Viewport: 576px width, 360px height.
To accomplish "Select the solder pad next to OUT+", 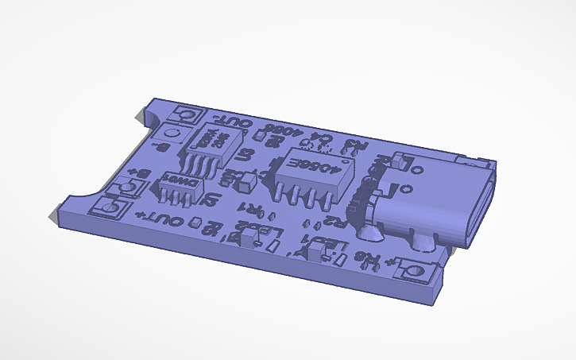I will click(109, 207).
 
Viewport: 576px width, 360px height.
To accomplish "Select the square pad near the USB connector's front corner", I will click(415, 271).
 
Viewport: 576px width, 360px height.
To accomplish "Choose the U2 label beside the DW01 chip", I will click(211, 199).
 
